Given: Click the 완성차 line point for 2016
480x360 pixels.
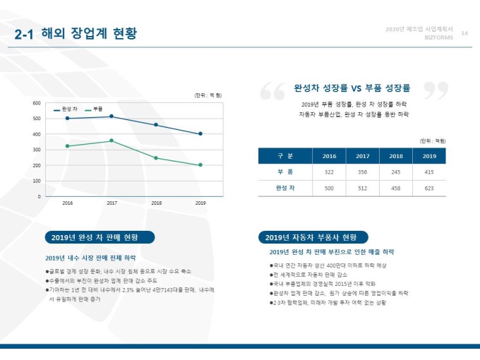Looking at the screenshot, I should (67, 118).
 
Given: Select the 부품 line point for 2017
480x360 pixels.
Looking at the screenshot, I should (112, 140).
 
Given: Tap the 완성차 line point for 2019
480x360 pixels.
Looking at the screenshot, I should (200, 133).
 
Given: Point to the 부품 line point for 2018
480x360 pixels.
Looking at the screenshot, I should (156, 158).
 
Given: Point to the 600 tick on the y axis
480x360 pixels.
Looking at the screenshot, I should (36, 103).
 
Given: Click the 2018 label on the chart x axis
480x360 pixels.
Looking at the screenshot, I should (156, 203).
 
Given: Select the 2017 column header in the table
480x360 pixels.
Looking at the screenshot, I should (363, 156).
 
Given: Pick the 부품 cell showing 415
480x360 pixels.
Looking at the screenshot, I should (429, 172).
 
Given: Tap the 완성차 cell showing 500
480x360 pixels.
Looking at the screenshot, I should (329, 188).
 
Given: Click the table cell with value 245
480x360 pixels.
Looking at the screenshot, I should (396, 172).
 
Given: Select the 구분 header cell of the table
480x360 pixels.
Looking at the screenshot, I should (285, 156).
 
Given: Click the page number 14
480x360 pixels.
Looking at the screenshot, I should (464, 33).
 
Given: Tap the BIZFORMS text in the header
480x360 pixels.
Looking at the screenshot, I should (438, 38).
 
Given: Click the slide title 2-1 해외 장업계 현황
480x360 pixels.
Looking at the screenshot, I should (76, 34).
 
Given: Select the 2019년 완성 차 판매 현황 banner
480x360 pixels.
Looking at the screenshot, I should (100, 237).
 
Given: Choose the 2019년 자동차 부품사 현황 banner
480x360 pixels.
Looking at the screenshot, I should (312, 237).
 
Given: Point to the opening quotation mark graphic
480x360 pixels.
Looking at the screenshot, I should (272, 91).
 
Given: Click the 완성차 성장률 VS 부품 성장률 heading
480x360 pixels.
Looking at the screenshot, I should (352, 88).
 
